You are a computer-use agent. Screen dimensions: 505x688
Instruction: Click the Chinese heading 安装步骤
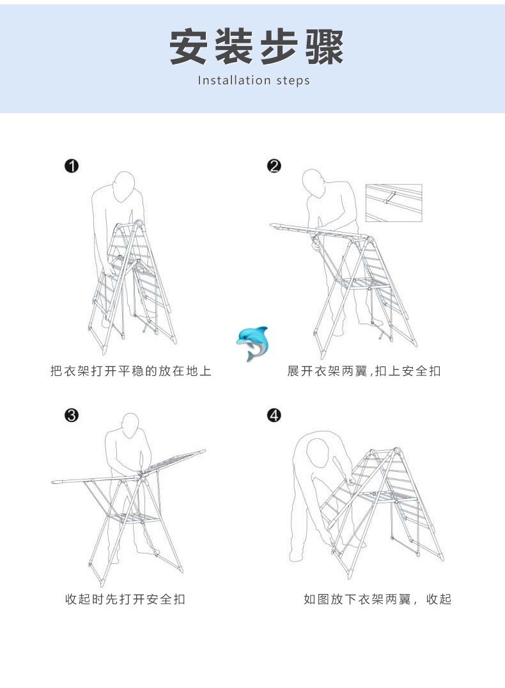click(256, 47)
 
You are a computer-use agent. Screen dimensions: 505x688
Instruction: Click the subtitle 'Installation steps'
click(254, 81)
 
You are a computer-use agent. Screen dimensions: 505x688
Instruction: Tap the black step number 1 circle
click(72, 166)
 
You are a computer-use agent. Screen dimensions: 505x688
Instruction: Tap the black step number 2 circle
click(274, 166)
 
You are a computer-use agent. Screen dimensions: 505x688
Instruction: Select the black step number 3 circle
click(72, 415)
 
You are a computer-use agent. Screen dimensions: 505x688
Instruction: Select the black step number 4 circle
click(274, 415)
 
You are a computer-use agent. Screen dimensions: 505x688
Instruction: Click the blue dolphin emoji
click(252, 343)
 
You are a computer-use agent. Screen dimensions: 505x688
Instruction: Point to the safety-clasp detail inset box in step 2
click(394, 203)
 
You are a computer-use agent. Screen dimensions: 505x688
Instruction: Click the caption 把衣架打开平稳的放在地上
click(131, 371)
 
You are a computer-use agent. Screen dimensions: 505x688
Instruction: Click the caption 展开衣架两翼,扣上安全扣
click(364, 371)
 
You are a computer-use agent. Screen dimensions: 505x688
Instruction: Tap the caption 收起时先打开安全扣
click(125, 599)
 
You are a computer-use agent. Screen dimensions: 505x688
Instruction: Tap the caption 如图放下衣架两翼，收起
click(377, 599)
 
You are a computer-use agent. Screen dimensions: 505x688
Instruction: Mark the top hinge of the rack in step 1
click(139, 224)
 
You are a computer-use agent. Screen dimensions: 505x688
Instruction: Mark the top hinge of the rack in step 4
click(396, 451)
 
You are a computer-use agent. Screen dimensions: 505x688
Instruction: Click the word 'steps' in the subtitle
click(293, 81)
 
